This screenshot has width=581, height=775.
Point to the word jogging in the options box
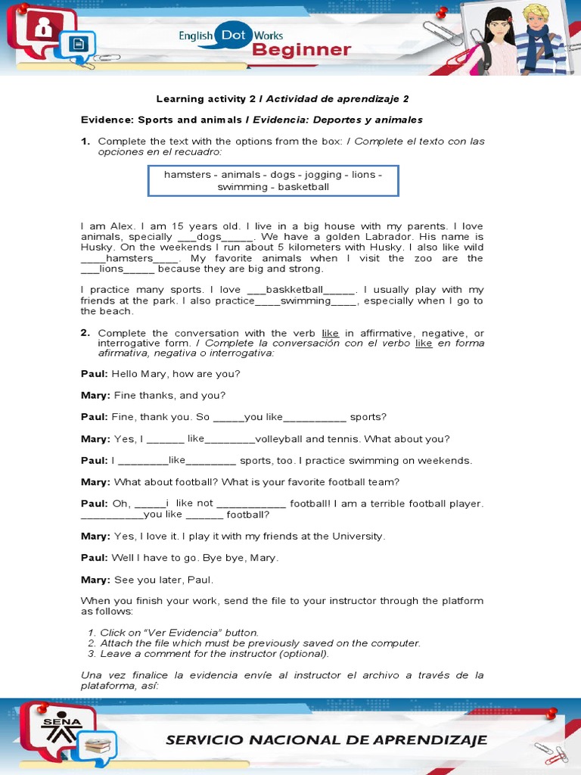click(x=323, y=175)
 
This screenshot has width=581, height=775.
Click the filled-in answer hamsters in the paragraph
click(x=124, y=258)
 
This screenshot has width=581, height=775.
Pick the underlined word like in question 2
click(x=330, y=333)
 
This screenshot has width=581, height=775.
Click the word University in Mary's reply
click(x=353, y=536)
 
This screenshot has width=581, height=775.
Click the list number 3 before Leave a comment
click(x=91, y=654)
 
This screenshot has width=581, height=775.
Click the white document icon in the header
click(x=78, y=45)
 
